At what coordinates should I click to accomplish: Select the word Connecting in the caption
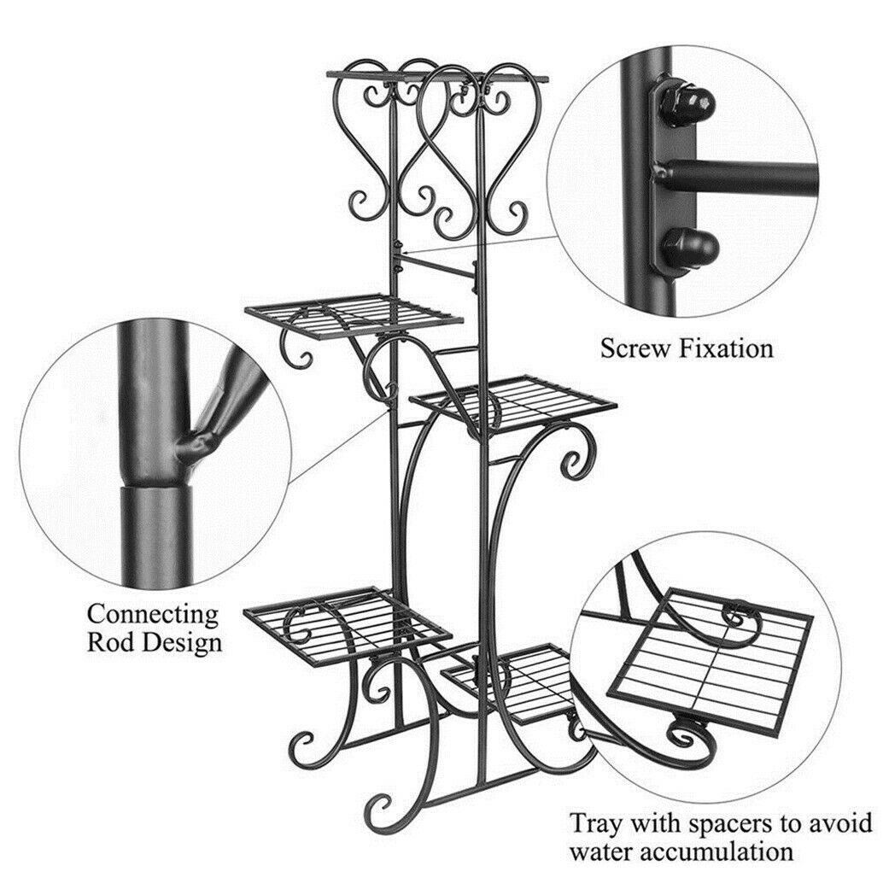[x=153, y=615]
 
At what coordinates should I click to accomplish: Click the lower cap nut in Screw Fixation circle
[x=689, y=249]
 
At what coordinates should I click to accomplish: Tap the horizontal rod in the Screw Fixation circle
[x=740, y=178]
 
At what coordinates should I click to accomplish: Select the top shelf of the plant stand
[x=438, y=76]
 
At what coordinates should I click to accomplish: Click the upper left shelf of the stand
[x=354, y=315]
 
